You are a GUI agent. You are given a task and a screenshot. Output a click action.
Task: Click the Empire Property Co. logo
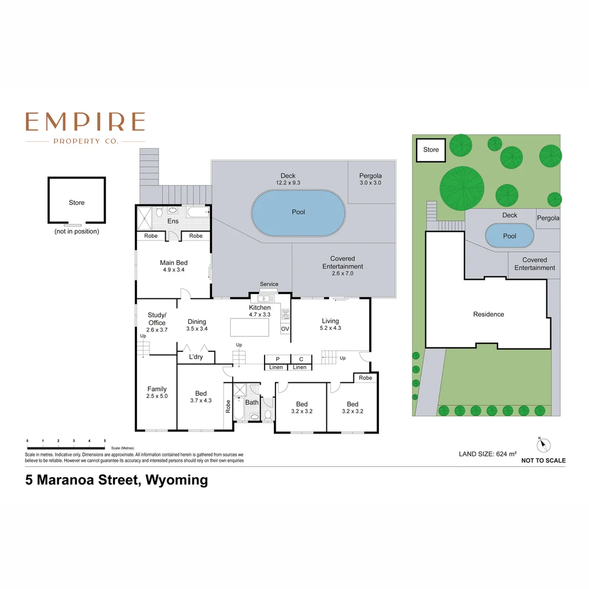point(85,128)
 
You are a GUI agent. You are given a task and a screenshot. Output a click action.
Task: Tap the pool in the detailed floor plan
point(298,213)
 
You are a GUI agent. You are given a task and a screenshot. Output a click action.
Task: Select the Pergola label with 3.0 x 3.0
point(370,179)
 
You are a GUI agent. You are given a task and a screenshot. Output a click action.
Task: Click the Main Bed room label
point(173,263)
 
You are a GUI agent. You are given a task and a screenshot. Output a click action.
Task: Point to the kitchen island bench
point(250,327)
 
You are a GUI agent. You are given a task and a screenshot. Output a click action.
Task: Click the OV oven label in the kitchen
point(285,329)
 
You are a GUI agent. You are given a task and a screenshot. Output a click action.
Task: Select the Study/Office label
point(157,319)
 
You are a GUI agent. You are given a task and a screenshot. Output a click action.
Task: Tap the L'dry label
point(196,357)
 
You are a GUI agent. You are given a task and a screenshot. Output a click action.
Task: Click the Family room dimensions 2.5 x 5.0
point(157,396)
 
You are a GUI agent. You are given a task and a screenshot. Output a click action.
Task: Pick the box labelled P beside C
point(278,359)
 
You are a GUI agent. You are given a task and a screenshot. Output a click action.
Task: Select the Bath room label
point(251,402)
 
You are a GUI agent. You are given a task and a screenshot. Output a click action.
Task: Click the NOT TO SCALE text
point(543,461)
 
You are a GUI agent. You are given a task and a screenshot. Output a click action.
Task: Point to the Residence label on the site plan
point(488,314)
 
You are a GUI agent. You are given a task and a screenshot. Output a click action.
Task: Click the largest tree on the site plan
point(462,186)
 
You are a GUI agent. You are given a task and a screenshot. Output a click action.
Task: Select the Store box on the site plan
point(431,150)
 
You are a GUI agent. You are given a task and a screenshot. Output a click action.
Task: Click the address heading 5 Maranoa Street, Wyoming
point(117,480)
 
